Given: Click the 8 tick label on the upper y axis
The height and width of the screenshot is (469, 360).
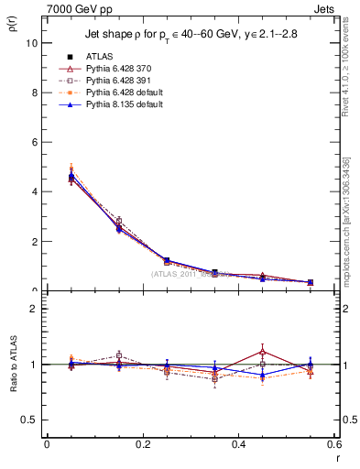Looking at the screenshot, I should [34, 93].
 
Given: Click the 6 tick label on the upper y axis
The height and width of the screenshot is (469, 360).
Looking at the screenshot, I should [34, 142].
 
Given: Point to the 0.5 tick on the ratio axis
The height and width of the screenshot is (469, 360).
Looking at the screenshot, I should [29, 420].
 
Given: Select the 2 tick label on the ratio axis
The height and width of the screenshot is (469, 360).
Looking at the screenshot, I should [34, 309].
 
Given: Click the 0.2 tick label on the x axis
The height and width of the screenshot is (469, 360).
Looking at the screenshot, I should [142, 444].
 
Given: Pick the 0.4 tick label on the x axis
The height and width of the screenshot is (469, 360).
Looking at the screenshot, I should [238, 444].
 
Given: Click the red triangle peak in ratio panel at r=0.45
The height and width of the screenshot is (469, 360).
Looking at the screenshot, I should [262, 351].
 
